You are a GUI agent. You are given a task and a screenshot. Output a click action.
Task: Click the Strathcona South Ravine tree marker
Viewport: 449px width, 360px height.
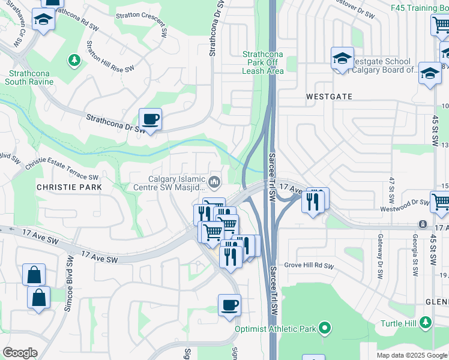(74, 60)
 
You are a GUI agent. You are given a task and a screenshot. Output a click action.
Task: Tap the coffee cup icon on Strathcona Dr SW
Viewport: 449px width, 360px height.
(150, 119)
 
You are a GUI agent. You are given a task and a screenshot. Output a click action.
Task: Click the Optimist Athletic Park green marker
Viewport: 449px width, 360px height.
(325, 328)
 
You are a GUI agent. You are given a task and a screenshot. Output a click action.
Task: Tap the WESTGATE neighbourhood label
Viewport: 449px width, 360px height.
(328, 96)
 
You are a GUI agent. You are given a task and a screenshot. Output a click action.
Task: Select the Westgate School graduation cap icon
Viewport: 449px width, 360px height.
(342, 59)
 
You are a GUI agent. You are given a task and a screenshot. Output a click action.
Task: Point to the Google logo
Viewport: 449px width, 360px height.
(19, 353)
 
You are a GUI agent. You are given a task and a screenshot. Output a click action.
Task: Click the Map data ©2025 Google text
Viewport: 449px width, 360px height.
(411, 355)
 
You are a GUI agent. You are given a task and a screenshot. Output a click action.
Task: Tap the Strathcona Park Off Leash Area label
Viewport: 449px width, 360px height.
(263, 62)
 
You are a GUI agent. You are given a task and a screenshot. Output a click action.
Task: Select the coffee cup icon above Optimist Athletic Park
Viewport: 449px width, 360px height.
(229, 305)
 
